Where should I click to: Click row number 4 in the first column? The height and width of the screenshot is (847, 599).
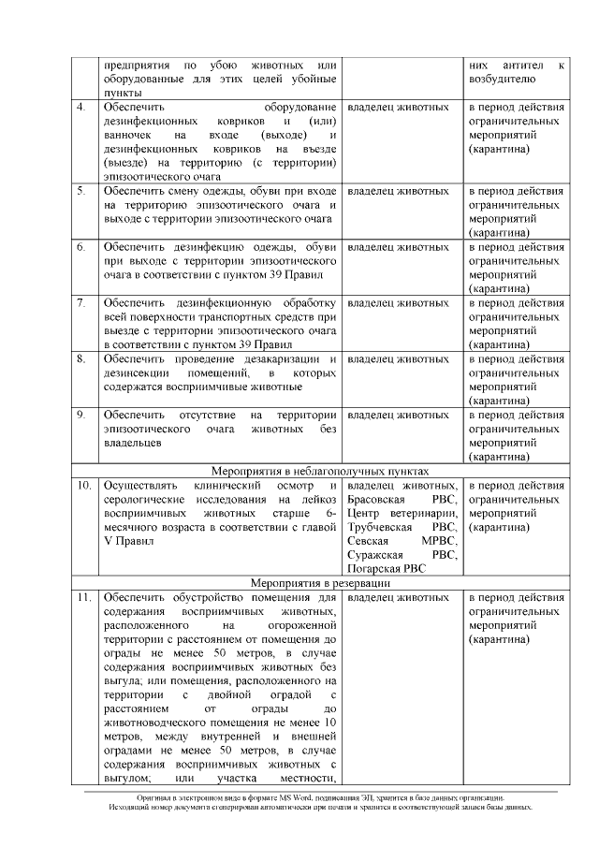81,108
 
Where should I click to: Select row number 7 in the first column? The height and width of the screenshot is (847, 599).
81,303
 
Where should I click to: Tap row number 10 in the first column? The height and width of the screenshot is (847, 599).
83,486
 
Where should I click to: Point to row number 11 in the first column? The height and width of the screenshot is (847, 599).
83,597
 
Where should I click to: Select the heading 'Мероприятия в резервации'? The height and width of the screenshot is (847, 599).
318,582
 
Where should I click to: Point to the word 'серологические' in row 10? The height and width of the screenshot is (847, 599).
143,500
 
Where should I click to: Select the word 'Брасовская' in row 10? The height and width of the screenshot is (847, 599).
377,500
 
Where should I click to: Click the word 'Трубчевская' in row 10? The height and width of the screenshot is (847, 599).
381,527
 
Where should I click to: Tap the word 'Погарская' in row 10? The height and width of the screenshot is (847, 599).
374,568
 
